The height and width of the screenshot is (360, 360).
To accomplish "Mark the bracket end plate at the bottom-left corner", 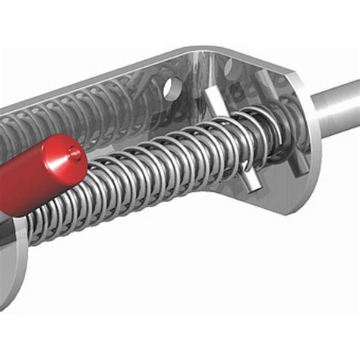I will pos(11,273).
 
